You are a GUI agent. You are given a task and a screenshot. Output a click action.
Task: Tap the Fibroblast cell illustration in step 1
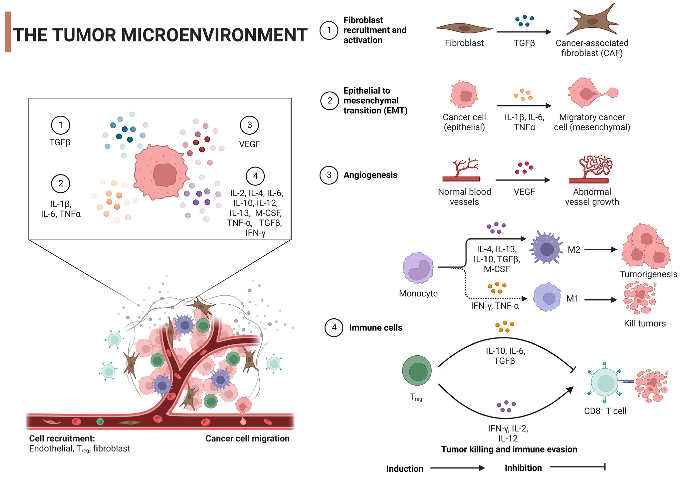point(464,28)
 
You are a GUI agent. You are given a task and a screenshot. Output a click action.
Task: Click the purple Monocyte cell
point(418,268)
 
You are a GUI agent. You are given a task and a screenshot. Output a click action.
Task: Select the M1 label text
point(572,299)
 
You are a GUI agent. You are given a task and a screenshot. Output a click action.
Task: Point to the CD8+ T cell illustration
point(605,383)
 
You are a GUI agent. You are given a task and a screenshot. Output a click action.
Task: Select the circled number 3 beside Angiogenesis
point(329,175)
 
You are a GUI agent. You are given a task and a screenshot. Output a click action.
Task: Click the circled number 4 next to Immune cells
point(334,328)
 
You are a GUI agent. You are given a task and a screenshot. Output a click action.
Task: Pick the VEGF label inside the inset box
point(249,144)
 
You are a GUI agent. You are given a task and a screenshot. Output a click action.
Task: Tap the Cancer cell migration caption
point(247,439)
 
